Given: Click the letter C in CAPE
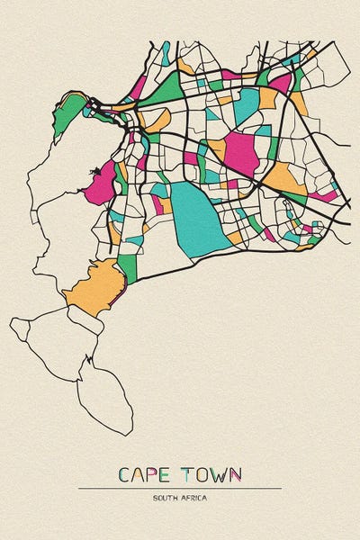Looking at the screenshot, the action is click(124, 474).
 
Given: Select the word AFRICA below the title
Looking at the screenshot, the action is click(193, 498).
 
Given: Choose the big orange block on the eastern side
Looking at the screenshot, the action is click(286, 177).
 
